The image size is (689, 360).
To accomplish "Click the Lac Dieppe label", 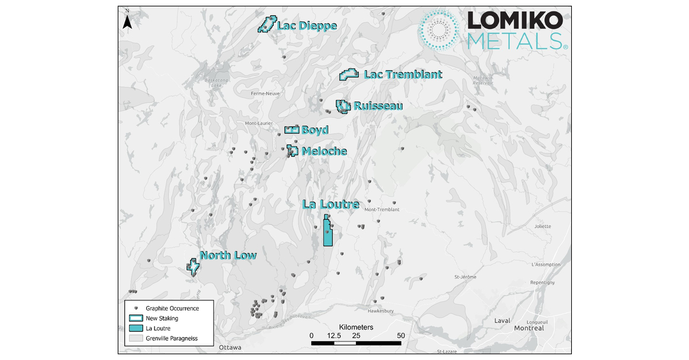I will pyautogui.click(x=307, y=26).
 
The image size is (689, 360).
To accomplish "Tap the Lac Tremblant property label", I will pyautogui.click(x=403, y=75).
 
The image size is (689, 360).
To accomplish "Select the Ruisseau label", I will pyautogui.click(x=378, y=106).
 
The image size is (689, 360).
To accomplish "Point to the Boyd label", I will pyautogui.click(x=315, y=130).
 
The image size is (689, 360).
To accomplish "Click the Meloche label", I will pyautogui.click(x=324, y=152).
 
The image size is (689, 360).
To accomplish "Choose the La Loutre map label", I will pyautogui.click(x=331, y=204).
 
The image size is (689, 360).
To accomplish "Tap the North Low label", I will pyautogui.click(x=228, y=256).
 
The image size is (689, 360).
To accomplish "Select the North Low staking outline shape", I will pyautogui.click(x=193, y=266).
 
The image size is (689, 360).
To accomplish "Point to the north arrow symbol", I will pyautogui.click(x=129, y=21).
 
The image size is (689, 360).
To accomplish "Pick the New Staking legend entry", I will pyautogui.click(x=161, y=318).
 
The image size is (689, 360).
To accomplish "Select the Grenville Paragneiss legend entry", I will pyautogui.click(x=171, y=338).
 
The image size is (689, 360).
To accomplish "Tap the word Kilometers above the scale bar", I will pyautogui.click(x=356, y=327).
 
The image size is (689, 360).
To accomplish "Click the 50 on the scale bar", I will pyautogui.click(x=401, y=335).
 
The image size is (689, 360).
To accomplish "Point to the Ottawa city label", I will pyautogui.click(x=230, y=348).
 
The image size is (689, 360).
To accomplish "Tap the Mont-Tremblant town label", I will pyautogui.click(x=382, y=210).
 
